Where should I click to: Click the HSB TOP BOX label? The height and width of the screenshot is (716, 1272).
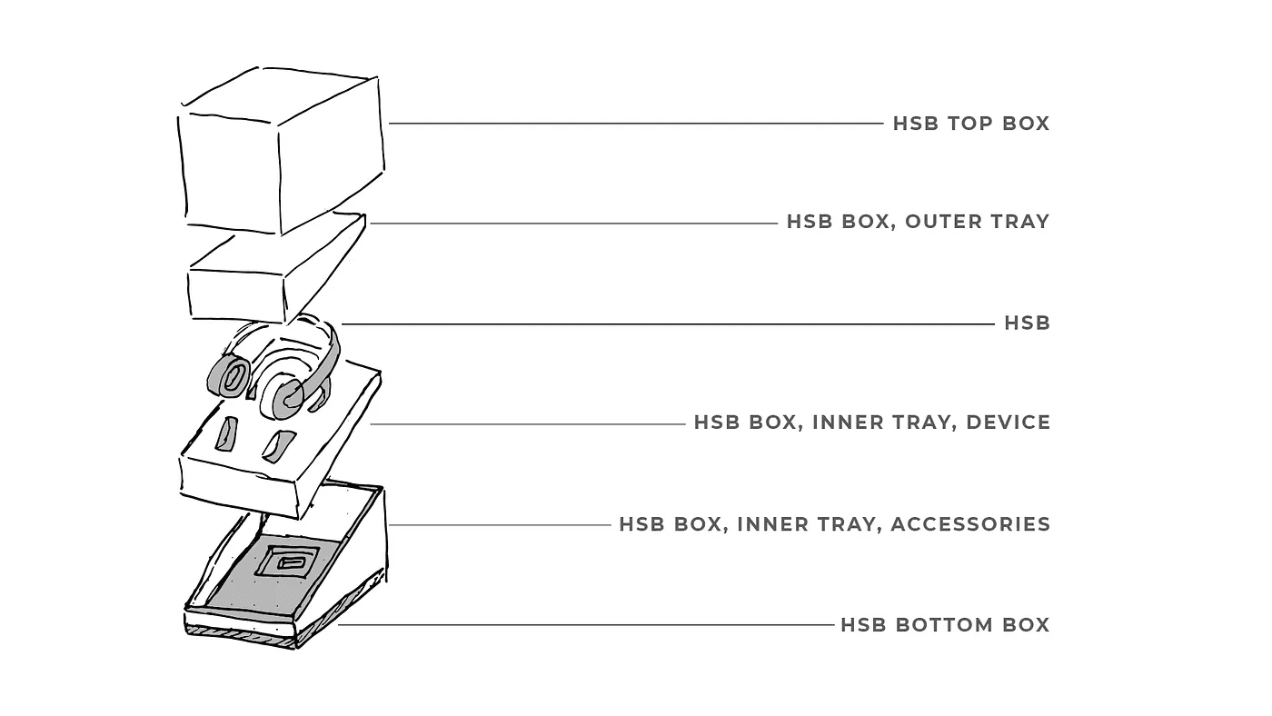tap(970, 124)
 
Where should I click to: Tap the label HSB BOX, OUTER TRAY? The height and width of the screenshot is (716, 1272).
tap(918, 222)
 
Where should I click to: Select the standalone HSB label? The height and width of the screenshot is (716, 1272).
tap(1027, 323)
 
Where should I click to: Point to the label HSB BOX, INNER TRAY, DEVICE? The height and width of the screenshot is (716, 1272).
tap(871, 423)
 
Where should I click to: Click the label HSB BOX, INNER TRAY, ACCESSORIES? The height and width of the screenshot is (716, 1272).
tap(834, 524)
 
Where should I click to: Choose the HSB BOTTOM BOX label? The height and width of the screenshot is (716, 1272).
tap(945, 625)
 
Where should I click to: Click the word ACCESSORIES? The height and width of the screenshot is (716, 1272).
tap(970, 524)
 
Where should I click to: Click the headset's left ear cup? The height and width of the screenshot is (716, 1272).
tap(229, 374)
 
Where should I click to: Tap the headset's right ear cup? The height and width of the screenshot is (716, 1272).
tap(282, 398)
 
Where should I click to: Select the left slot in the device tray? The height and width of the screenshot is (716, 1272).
tap(226, 433)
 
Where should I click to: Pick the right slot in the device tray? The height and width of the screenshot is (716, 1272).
tap(275, 445)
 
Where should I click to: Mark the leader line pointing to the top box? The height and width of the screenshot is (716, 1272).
tap(636, 124)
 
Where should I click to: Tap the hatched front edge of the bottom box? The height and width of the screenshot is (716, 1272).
tap(241, 635)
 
